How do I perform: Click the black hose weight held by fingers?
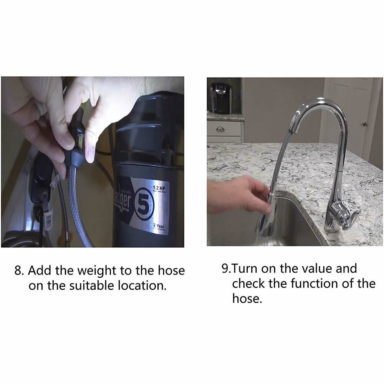[78, 150]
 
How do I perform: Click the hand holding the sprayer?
[234, 196]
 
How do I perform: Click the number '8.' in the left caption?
[20, 270]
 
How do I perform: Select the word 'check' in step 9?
[249, 283]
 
